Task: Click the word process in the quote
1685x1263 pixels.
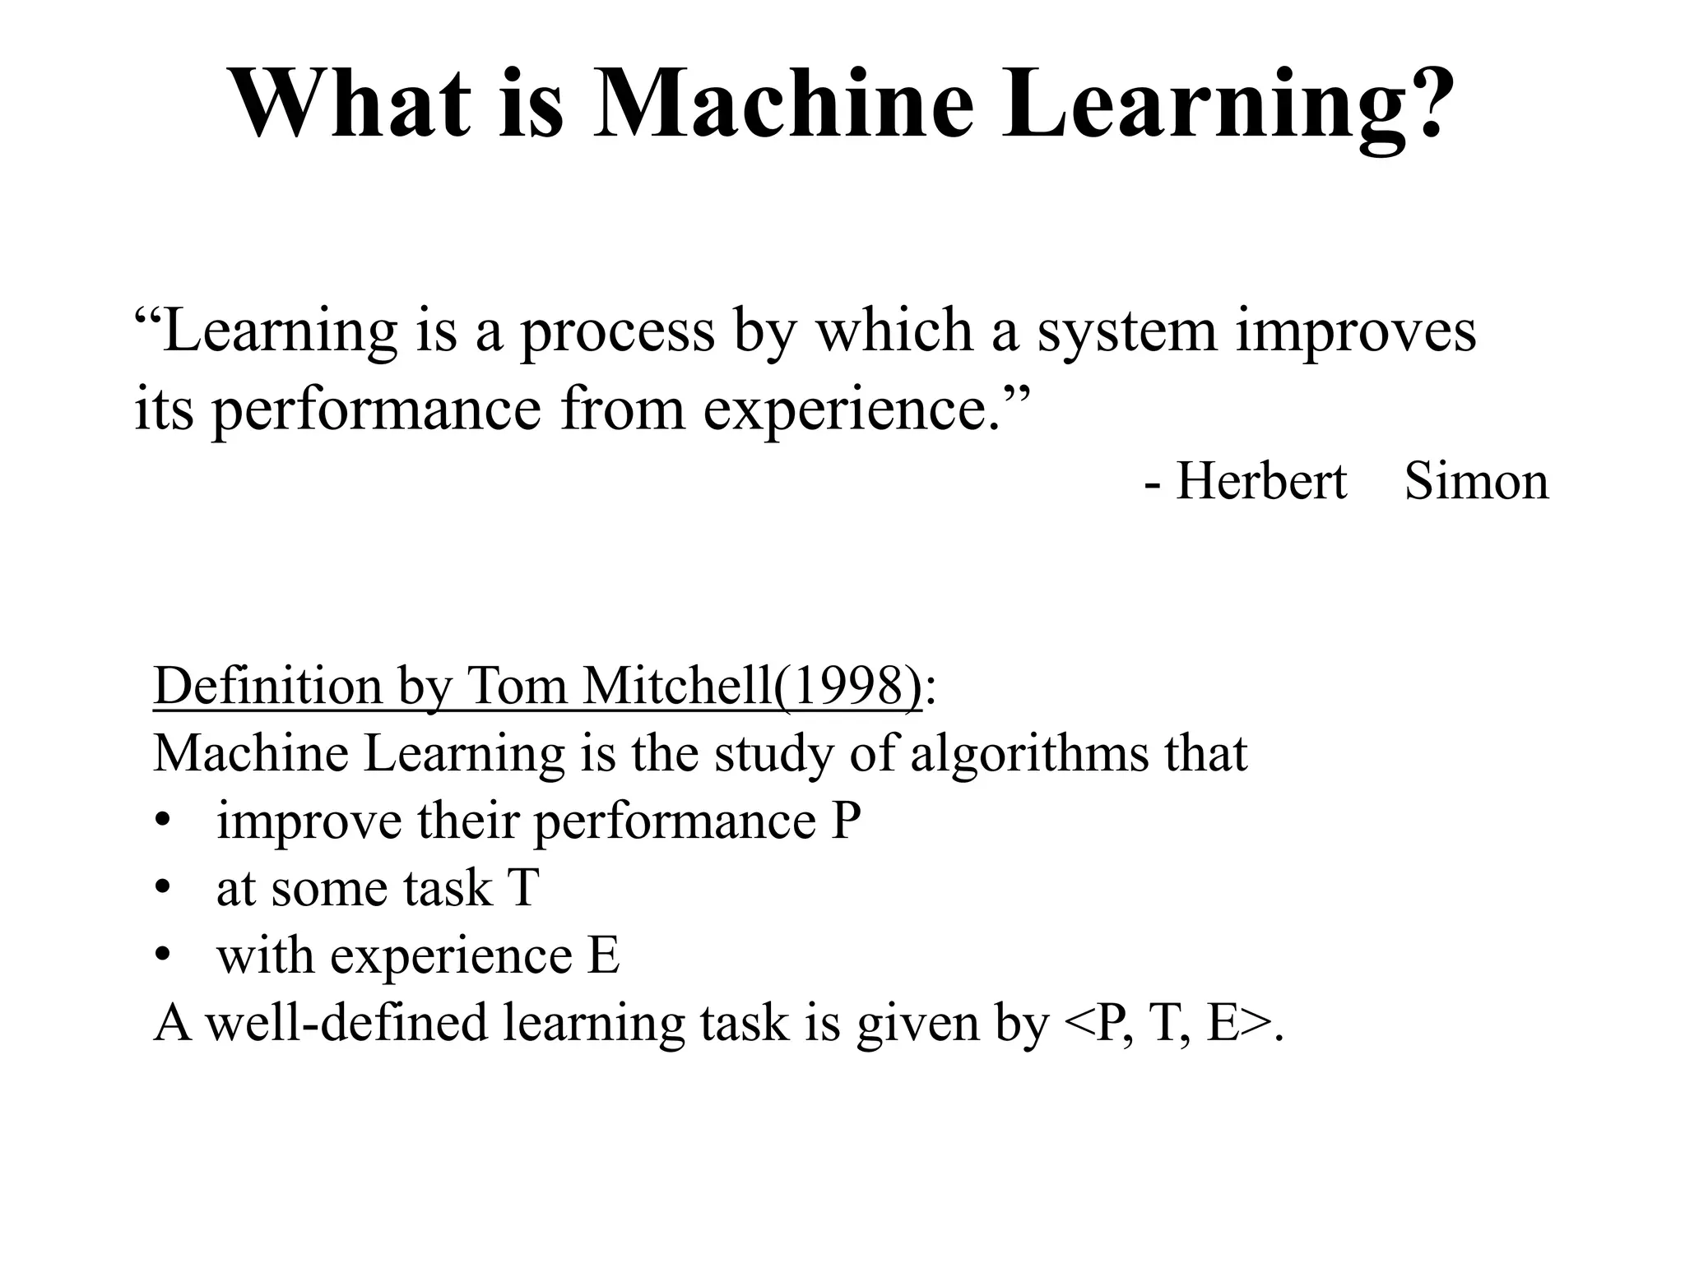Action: click(617, 331)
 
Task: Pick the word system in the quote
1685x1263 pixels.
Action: click(1126, 331)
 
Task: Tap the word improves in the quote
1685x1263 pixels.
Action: click(1356, 331)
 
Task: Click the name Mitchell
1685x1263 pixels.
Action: click(677, 685)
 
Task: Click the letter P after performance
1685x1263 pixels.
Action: click(846, 821)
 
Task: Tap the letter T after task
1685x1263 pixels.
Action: click(523, 888)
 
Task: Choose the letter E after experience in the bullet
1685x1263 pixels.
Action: click(604, 955)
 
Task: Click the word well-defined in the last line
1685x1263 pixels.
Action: click(346, 1023)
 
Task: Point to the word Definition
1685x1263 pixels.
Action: click(267, 685)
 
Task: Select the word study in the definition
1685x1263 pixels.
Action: click(773, 753)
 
